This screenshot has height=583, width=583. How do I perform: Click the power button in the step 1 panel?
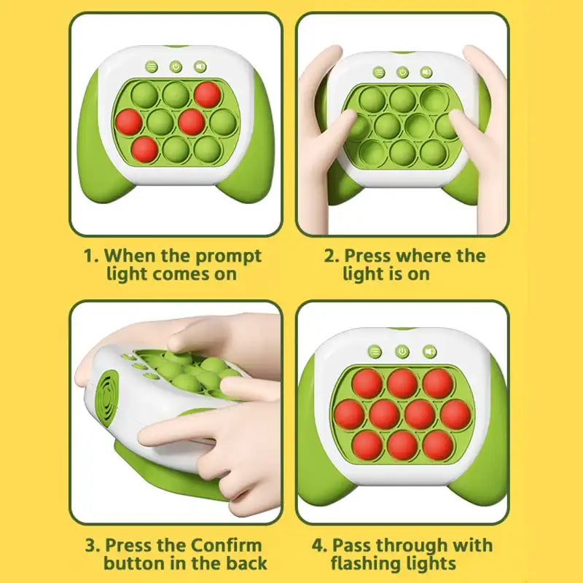point(176,67)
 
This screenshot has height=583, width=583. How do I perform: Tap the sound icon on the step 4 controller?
point(429,351)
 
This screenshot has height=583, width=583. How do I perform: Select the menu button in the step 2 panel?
point(379,72)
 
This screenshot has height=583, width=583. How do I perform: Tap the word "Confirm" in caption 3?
point(227,544)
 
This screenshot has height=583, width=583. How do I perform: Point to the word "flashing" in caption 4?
point(367,563)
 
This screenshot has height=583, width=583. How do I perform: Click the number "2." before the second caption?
point(332,256)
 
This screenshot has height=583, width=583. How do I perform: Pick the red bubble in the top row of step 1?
point(207,93)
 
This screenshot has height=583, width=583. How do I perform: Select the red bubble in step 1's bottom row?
point(144,148)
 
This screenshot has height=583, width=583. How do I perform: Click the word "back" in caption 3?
point(247,563)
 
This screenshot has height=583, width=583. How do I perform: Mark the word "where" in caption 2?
point(422,256)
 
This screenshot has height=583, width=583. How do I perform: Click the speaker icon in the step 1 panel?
point(199,67)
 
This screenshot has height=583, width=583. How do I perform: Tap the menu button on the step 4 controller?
point(375,351)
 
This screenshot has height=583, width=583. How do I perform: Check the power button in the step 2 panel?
point(402,72)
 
